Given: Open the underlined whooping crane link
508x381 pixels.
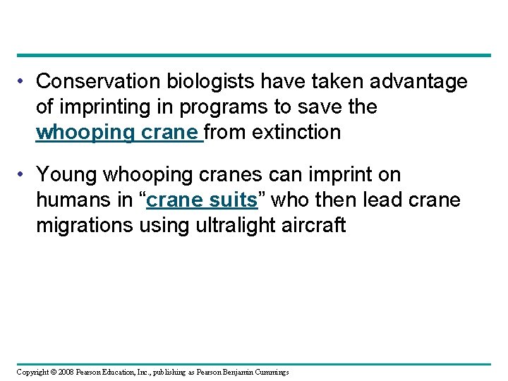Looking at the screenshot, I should point(118,133).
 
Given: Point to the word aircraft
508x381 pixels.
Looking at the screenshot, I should point(317,225).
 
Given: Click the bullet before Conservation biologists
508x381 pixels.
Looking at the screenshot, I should point(23,82).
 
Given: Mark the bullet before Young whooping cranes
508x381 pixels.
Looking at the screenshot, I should point(23,174).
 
